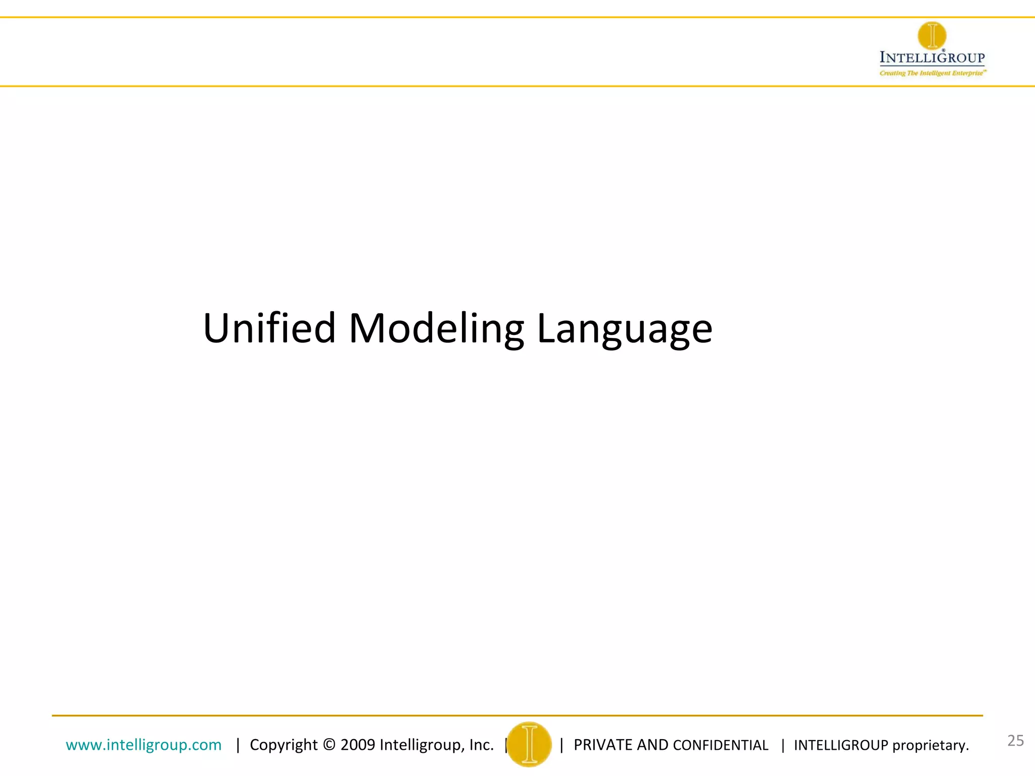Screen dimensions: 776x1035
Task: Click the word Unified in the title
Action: [269, 328]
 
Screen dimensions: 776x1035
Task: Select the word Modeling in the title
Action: [436, 328]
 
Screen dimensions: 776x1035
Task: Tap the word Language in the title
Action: [624, 328]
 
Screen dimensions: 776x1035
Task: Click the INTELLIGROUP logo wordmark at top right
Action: [932, 58]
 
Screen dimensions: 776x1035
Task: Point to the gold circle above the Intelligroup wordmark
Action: [932, 36]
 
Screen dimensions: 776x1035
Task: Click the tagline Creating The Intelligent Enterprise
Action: [932, 73]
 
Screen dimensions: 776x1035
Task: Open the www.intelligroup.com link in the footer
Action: [144, 745]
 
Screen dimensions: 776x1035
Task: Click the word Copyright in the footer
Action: [284, 745]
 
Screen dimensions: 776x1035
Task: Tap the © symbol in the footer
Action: [329, 745]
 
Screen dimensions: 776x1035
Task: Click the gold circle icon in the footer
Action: [529, 744]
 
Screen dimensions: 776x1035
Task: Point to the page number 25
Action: [1015, 741]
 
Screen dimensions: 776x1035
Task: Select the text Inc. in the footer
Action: [481, 745]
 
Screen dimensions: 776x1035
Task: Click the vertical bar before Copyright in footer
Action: [238, 745]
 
